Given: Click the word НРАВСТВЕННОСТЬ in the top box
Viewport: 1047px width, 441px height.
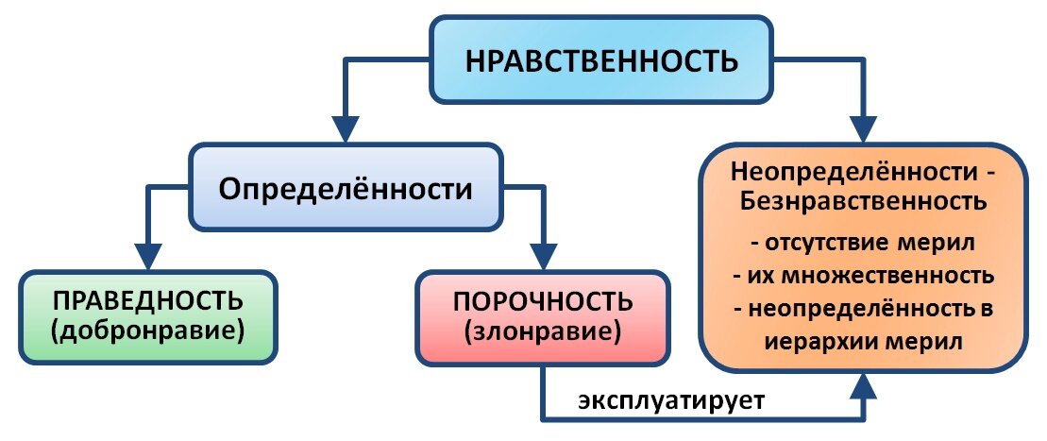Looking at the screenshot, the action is point(601,60).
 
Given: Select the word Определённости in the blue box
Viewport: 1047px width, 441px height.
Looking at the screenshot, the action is point(346,190).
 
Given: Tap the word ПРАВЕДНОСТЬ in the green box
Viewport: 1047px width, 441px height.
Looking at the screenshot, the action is point(147,301).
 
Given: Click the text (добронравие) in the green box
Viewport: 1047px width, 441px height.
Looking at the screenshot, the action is point(147,331).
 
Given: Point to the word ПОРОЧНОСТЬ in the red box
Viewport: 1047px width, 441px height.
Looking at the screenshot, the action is point(543,302).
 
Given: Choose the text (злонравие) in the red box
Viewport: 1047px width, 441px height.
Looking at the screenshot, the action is point(543,331).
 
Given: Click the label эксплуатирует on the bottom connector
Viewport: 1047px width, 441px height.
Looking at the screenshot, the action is point(671,401).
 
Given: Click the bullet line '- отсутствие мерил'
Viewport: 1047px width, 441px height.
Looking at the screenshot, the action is point(864,243).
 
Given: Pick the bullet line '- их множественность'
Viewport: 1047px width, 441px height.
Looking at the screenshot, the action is point(864,275).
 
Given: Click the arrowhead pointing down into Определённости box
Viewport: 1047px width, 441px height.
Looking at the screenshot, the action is point(346,129).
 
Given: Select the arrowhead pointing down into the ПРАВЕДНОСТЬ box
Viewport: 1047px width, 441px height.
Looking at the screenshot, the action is point(147,256).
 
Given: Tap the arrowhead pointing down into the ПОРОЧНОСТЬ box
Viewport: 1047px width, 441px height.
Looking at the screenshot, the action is point(543,256).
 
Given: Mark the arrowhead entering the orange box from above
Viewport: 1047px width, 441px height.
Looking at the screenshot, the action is point(865,129).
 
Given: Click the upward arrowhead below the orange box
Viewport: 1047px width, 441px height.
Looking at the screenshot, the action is point(865,387).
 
